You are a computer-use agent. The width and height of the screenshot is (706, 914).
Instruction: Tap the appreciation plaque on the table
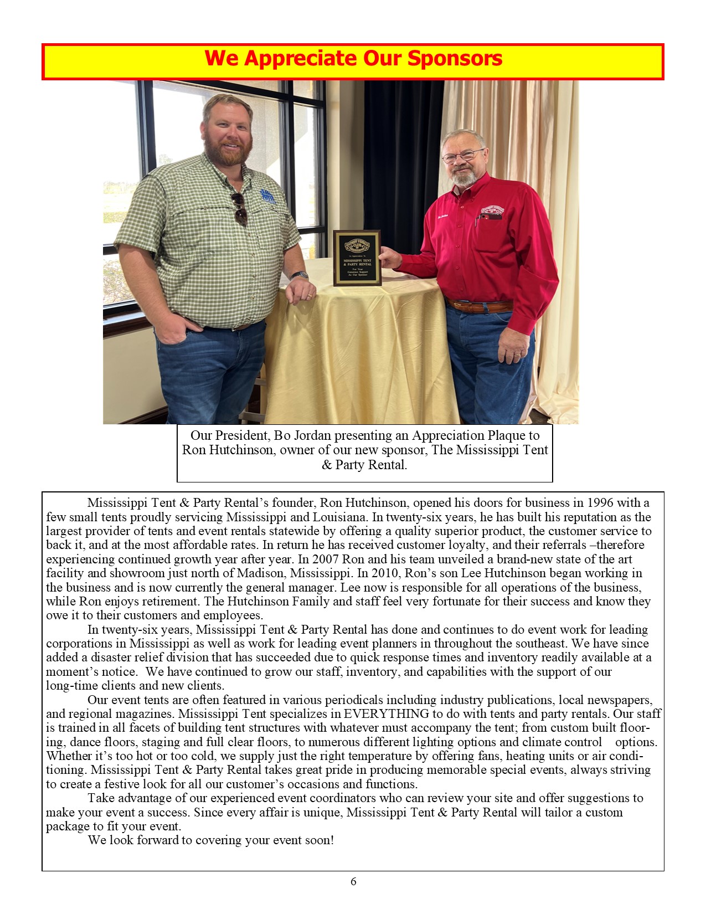point(357,258)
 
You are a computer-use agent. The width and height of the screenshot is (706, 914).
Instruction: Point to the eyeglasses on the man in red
point(463,156)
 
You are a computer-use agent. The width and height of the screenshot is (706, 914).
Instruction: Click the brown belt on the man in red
point(480,305)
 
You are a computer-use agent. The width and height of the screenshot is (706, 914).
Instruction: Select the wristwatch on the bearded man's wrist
point(300,275)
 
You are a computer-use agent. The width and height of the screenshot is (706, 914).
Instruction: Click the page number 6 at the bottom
point(353,881)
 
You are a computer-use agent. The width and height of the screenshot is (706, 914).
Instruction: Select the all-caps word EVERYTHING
point(387,713)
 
